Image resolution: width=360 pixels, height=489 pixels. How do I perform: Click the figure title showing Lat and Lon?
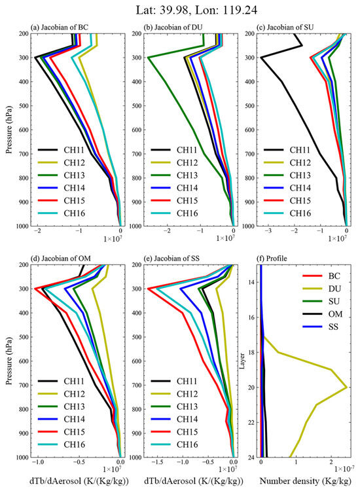(196, 10)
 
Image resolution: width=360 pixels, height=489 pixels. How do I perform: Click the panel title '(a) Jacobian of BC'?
(60, 27)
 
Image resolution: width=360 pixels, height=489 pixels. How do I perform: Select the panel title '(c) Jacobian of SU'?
(285, 27)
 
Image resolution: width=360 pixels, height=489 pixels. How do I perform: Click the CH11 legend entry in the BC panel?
(61, 150)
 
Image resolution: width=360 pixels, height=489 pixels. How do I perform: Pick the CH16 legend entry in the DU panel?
(174, 213)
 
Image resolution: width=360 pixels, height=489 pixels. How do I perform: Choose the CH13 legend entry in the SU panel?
(287, 175)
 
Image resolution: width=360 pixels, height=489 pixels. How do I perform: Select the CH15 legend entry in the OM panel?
(61, 432)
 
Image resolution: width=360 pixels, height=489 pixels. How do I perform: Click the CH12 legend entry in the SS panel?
(174, 394)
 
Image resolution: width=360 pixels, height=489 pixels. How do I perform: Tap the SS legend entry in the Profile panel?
(320, 327)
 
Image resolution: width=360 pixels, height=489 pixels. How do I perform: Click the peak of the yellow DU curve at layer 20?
(347, 388)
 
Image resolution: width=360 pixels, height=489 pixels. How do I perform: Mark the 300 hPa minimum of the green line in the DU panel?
(148, 58)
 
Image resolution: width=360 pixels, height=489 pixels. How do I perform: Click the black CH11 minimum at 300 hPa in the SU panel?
(261, 58)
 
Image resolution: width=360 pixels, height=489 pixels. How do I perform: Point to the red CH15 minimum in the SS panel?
(148, 289)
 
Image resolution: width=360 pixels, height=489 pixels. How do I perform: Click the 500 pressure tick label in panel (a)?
(23, 106)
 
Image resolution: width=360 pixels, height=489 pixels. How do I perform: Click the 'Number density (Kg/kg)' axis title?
(306, 481)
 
